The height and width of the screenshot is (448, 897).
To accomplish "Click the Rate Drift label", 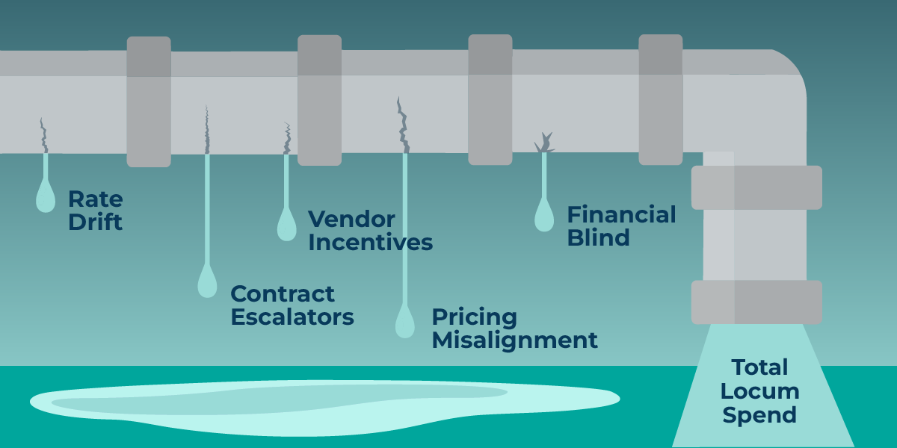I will click(x=95, y=210).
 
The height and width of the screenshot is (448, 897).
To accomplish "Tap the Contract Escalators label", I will click(x=292, y=305).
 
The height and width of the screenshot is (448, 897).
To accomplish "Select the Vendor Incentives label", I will click(x=370, y=230).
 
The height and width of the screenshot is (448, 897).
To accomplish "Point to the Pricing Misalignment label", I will click(x=514, y=329).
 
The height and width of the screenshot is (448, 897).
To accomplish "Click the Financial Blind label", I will click(x=620, y=225).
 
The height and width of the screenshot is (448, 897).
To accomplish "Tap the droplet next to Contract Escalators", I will click(x=207, y=282).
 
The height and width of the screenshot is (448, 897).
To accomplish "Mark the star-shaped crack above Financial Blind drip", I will click(x=544, y=143).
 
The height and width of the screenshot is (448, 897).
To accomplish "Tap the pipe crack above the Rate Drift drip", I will click(x=44, y=134).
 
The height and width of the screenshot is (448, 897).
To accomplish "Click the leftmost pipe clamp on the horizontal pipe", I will click(x=149, y=101).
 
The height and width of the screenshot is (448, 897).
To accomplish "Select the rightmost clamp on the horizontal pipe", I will click(x=660, y=99).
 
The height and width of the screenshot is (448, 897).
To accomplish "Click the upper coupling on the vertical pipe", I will click(x=756, y=187).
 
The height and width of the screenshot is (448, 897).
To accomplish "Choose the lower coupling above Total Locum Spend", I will click(x=756, y=302).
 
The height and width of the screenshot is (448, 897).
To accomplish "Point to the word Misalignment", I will click(x=514, y=340).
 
